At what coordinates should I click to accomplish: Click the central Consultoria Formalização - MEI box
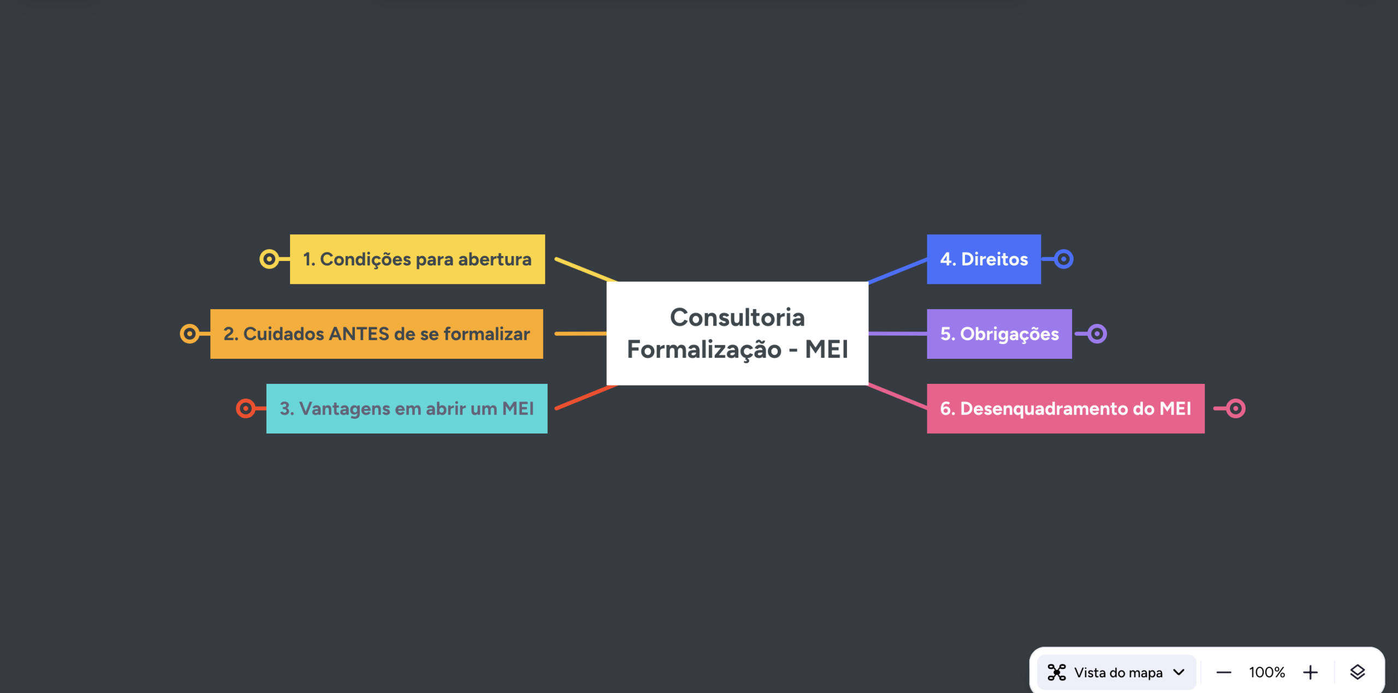tap(737, 333)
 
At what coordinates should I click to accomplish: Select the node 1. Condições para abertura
tap(417, 259)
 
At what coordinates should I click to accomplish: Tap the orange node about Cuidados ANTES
tap(377, 334)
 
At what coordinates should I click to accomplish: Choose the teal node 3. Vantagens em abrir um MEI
tap(407, 408)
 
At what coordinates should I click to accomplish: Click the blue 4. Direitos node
tap(984, 259)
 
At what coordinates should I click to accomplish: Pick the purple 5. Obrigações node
tap(999, 334)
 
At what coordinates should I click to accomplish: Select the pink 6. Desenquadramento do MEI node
tap(1066, 408)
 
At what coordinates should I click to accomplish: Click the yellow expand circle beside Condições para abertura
tap(269, 259)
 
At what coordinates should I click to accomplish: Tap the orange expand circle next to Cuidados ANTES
tap(189, 334)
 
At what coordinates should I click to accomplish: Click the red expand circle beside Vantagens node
tap(246, 408)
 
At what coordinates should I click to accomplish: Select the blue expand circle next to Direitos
tap(1064, 259)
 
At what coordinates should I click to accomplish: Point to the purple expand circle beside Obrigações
tap(1097, 334)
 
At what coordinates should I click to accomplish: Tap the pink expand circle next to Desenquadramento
tap(1235, 408)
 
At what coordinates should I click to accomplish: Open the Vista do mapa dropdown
tap(1116, 672)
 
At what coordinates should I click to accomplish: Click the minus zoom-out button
tap(1224, 673)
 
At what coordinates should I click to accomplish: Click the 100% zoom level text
tap(1267, 672)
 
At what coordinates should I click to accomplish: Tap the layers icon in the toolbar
tap(1358, 672)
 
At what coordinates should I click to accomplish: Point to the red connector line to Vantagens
tap(586, 397)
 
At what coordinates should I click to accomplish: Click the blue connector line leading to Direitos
tap(898, 271)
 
